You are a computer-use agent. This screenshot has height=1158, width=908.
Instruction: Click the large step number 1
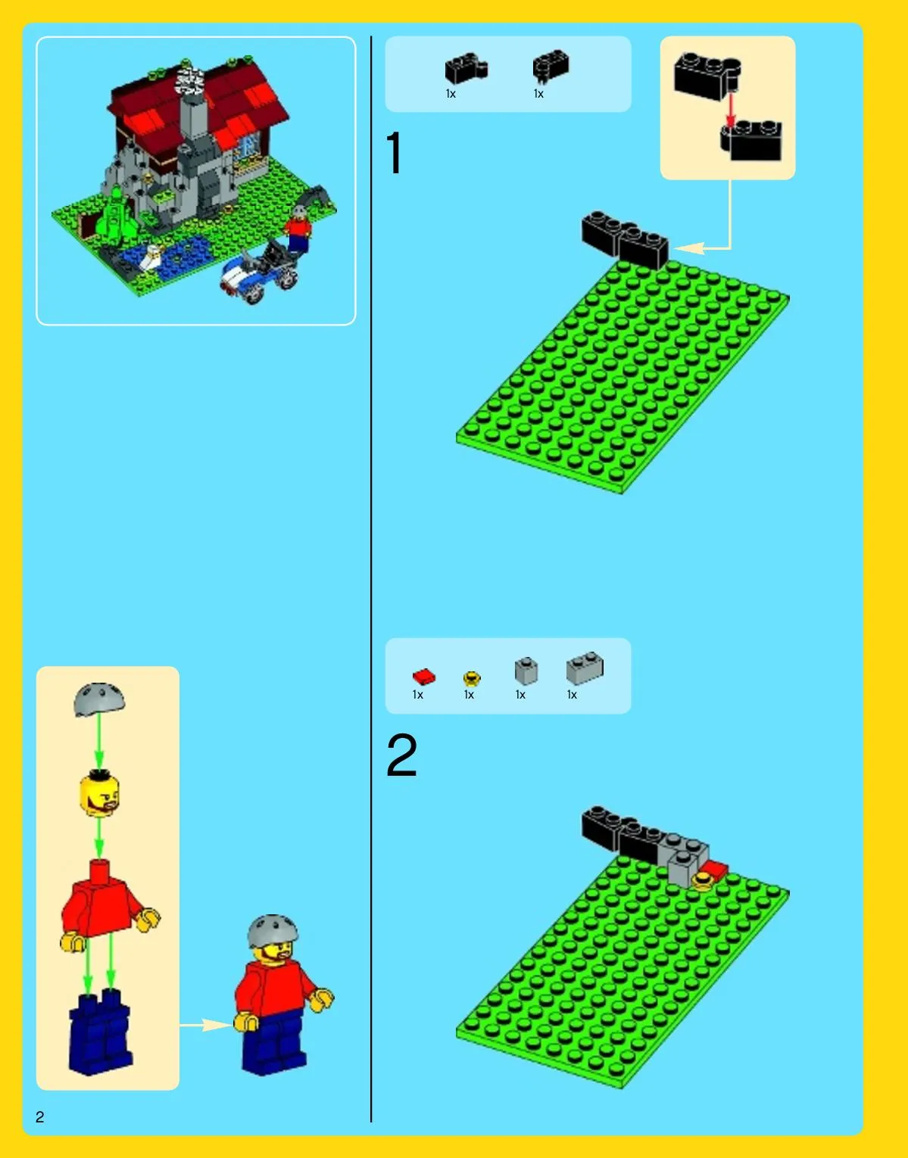pos(395,153)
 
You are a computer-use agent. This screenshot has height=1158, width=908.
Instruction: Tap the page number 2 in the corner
pos(40,1117)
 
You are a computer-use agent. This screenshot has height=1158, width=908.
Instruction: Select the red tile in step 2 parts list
pos(424,677)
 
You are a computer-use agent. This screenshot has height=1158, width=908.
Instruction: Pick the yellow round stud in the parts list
pos(472,678)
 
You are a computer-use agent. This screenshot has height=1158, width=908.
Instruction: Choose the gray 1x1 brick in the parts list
pos(526,671)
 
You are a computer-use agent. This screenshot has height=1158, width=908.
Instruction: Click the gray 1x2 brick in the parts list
pos(585,668)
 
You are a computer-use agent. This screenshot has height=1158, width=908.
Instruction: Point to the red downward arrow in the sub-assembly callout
pos(731,111)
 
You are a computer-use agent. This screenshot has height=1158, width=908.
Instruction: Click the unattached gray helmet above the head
pos(99,699)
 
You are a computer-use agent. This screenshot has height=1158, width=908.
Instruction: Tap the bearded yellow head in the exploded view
pos(99,794)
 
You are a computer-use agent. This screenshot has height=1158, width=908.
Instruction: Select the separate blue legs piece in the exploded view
pos(100,1032)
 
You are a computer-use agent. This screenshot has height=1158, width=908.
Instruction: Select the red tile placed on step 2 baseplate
pos(715,870)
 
